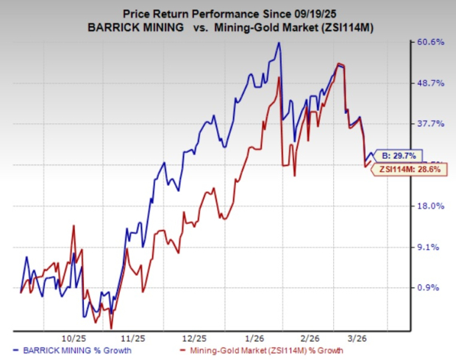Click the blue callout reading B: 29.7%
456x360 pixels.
pyautogui.click(x=397, y=156)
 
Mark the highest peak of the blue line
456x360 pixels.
pyautogui.click(x=279, y=43)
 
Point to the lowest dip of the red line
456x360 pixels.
pyautogui.click(x=111, y=328)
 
